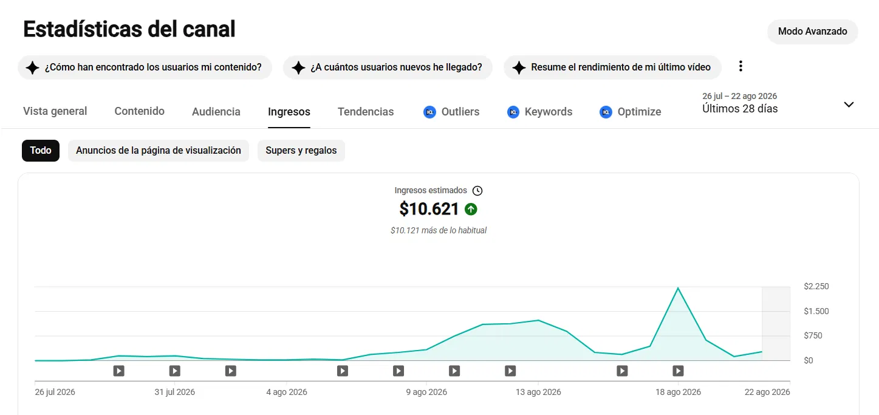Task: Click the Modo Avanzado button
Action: click(812, 32)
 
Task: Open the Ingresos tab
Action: click(289, 112)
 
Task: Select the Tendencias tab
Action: click(365, 112)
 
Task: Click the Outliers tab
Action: click(451, 112)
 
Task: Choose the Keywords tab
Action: click(539, 112)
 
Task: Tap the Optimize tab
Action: click(630, 112)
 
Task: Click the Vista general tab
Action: click(55, 112)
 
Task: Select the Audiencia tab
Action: click(216, 112)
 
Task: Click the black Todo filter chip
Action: click(41, 150)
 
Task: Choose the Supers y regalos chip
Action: click(301, 150)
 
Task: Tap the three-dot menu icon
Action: click(740, 66)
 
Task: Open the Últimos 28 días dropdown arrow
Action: click(849, 105)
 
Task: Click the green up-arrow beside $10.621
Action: click(471, 209)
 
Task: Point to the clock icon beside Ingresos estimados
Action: click(477, 191)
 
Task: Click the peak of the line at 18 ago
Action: click(678, 288)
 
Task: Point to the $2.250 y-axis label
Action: click(816, 286)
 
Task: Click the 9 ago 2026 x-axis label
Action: click(426, 392)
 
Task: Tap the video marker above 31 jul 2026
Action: click(174, 371)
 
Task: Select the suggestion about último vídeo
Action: click(612, 67)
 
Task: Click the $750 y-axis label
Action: click(813, 335)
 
